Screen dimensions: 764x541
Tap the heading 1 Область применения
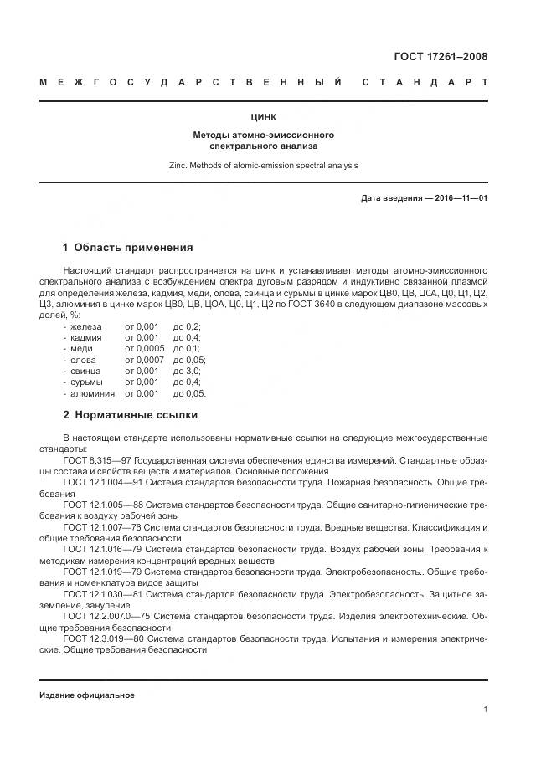(128, 247)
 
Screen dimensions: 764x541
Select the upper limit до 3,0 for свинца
(187, 370)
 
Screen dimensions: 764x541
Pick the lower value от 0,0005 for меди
(145, 347)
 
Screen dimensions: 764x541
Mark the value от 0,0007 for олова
(145, 359)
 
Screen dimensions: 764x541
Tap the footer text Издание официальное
(86, 695)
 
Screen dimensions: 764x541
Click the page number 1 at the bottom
(485, 710)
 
